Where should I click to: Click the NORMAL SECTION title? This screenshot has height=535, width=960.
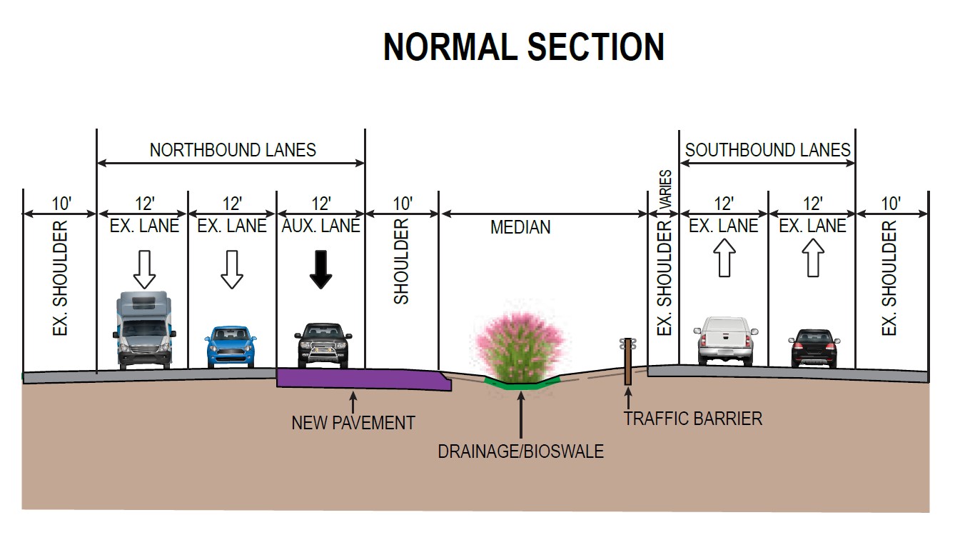click(x=524, y=48)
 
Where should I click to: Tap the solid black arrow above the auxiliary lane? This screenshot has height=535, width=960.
click(x=321, y=269)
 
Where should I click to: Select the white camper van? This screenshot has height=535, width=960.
click(x=145, y=330)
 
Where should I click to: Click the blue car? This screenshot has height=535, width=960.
click(x=230, y=346)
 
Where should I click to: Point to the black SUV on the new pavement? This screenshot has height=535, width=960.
click(x=323, y=345)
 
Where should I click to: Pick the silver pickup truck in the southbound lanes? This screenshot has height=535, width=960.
click(x=724, y=341)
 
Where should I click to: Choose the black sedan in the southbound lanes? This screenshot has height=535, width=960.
click(x=813, y=348)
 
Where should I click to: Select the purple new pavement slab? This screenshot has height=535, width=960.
click(x=357, y=379)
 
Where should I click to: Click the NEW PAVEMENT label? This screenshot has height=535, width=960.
click(x=353, y=423)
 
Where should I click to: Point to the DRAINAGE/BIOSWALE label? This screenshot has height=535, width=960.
click(x=521, y=451)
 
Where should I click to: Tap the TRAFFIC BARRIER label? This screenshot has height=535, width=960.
click(x=692, y=419)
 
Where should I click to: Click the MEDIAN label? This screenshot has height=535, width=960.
click(x=520, y=228)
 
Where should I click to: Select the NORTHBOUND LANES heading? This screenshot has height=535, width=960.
click(x=233, y=150)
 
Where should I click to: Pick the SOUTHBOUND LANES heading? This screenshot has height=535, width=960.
click(x=768, y=150)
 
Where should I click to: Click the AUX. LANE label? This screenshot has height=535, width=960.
click(x=321, y=226)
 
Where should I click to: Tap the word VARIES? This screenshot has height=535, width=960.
click(x=665, y=189)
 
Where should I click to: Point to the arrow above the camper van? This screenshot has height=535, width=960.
click(x=145, y=269)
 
